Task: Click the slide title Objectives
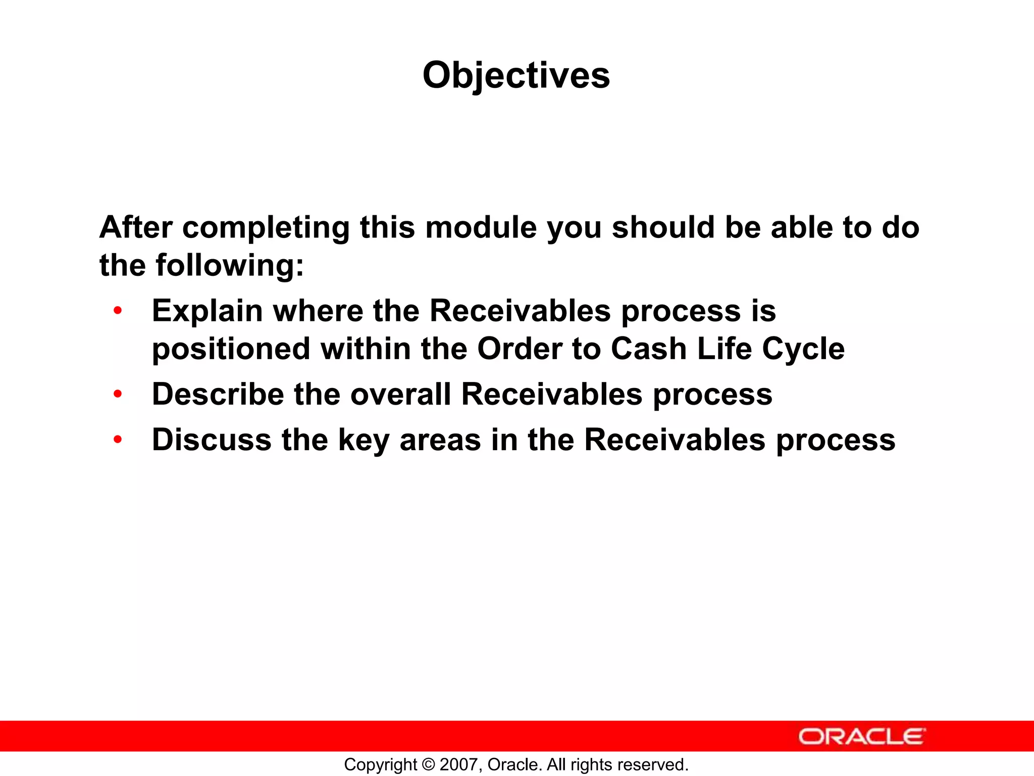516,76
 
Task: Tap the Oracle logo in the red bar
862,737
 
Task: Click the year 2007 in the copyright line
456,764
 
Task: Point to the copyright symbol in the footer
429,764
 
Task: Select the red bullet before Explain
118,311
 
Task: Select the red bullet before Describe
118,394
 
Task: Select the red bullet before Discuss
118,440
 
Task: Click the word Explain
207,311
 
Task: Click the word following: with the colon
230,265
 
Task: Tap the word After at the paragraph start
136,227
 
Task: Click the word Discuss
212,440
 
